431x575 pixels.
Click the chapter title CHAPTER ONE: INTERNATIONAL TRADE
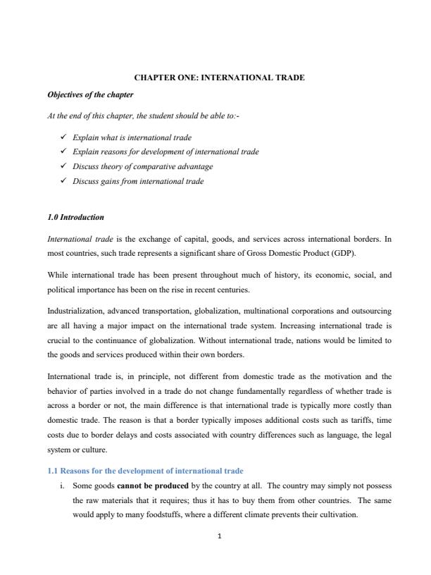(215, 78)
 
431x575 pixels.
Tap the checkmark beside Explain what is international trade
(65, 137)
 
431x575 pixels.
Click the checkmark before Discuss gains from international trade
(65, 181)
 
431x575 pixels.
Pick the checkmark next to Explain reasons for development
(65, 152)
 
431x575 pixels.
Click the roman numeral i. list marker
(63, 487)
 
